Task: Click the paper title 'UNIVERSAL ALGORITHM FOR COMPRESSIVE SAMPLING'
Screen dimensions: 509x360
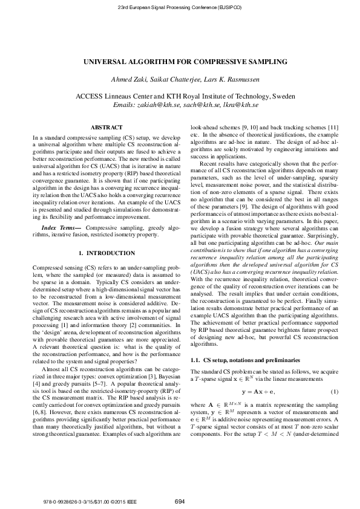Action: coord(180,61)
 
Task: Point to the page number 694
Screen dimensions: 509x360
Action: coord(180,501)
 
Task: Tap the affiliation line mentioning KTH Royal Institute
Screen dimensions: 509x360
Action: coord(180,96)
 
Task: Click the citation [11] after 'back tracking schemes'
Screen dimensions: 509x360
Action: coord(333,128)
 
